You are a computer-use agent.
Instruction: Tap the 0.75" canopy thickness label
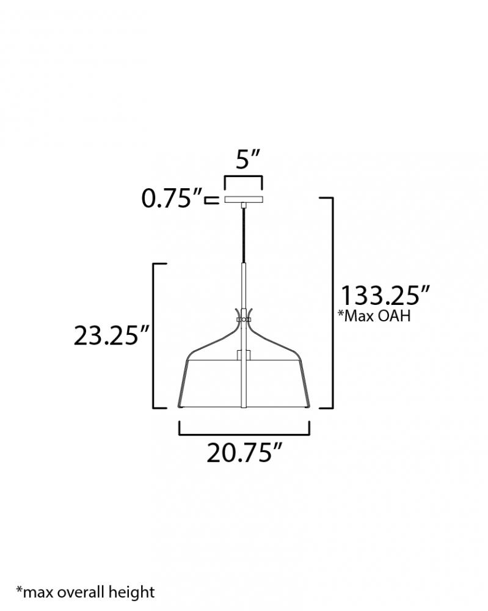tap(172, 199)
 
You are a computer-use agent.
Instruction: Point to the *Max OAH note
tap(374, 315)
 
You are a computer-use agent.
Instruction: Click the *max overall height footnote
tap(86, 591)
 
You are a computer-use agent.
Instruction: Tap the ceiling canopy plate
tap(244, 199)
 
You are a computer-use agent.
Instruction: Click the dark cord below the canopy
tap(244, 236)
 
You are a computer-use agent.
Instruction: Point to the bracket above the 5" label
tap(243, 178)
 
